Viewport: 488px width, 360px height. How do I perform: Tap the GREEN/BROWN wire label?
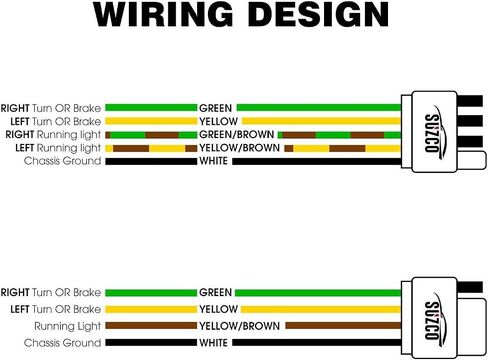coord(237,135)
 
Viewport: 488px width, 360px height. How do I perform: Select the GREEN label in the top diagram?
coord(215,108)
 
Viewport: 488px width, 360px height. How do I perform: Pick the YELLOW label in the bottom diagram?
coord(218,309)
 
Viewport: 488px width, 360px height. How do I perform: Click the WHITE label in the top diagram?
coord(213,161)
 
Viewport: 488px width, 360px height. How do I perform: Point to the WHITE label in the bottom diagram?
coord(213,343)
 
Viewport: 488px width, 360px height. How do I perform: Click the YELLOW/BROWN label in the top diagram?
coord(239,148)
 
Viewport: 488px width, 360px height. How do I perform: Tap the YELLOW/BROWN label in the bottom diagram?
coord(239,326)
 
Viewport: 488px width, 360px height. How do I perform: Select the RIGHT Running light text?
coord(53,135)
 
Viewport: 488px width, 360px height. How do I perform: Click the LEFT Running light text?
coord(58,148)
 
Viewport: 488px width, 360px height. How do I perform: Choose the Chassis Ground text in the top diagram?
coord(62,161)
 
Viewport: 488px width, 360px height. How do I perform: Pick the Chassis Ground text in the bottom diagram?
coord(62,343)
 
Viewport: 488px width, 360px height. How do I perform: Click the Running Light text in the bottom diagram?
coord(67,326)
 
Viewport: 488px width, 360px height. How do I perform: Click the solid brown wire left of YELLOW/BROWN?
coord(151,326)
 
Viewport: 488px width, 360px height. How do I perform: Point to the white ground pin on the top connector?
coord(471,161)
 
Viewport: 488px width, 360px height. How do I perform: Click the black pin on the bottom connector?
coord(469,287)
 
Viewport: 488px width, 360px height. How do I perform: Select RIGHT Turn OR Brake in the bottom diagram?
coord(51,293)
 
